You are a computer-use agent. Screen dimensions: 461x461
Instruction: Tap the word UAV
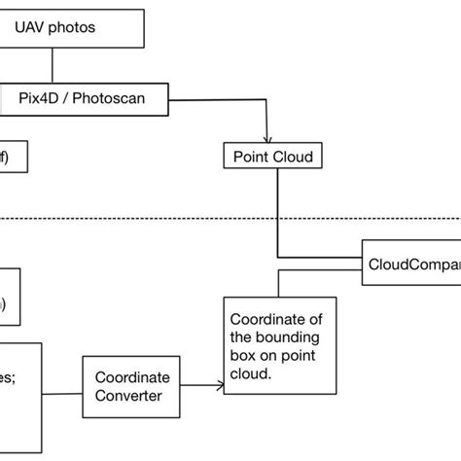pyautogui.click(x=31, y=28)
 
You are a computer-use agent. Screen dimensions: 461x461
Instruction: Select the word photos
pyautogui.click(x=74, y=28)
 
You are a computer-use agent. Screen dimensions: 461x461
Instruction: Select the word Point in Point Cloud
pyautogui.click(x=249, y=156)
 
